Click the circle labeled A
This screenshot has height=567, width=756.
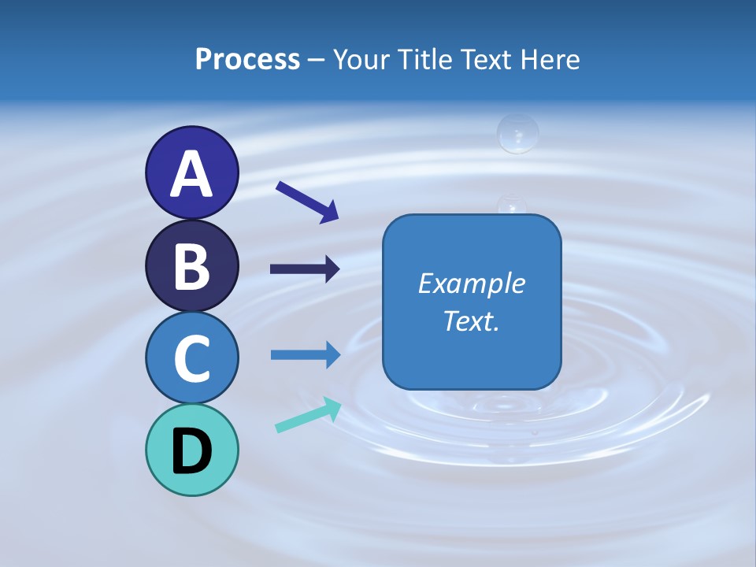pyautogui.click(x=191, y=173)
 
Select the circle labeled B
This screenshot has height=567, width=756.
pyautogui.click(x=191, y=266)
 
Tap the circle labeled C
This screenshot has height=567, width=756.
pyautogui.click(x=191, y=358)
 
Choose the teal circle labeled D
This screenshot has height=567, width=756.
pyautogui.click(x=191, y=450)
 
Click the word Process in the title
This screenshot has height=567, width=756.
pyautogui.click(x=247, y=59)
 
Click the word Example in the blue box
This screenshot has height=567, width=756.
pyautogui.click(x=472, y=283)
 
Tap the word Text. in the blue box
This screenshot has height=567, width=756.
pyautogui.click(x=472, y=321)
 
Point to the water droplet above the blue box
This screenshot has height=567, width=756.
pyautogui.click(x=517, y=134)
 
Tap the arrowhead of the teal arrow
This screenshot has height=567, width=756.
pyautogui.click(x=333, y=408)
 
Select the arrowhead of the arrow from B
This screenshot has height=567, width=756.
pyautogui.click(x=332, y=269)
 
